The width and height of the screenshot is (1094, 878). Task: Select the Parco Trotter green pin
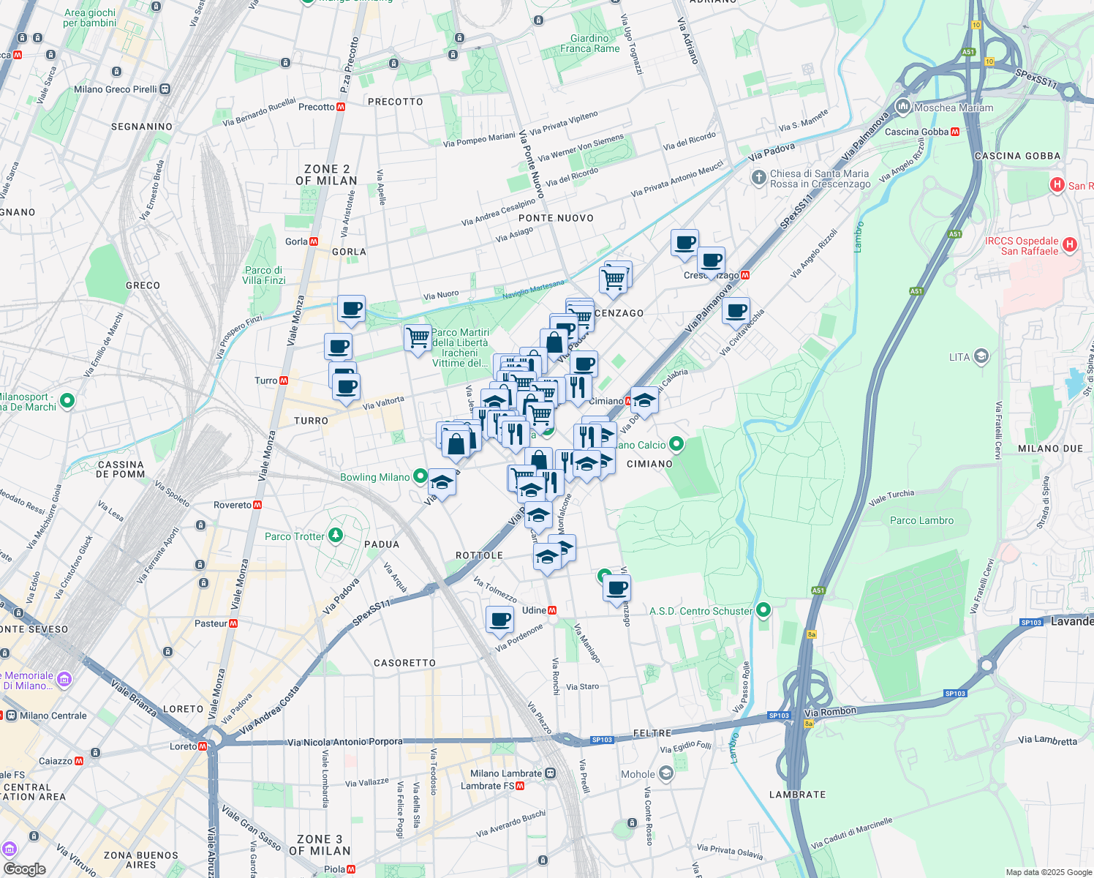click(336, 536)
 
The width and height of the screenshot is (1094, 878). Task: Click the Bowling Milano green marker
click(420, 476)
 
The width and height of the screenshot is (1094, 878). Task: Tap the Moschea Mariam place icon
click(902, 107)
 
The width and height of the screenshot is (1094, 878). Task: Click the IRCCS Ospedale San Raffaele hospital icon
click(1070, 245)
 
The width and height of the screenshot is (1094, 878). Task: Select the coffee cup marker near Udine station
click(500, 619)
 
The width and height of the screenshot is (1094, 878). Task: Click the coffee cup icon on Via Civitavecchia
click(736, 310)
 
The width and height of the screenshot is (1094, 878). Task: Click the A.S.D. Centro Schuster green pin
click(763, 609)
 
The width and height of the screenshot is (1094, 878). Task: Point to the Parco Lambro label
click(921, 520)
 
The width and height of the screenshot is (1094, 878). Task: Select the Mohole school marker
click(665, 773)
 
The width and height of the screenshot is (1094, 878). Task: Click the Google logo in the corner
click(24, 868)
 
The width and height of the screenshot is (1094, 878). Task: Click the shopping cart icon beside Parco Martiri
click(418, 338)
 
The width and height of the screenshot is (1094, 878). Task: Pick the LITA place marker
click(981, 357)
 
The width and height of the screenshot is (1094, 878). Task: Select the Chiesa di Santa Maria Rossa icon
click(758, 178)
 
